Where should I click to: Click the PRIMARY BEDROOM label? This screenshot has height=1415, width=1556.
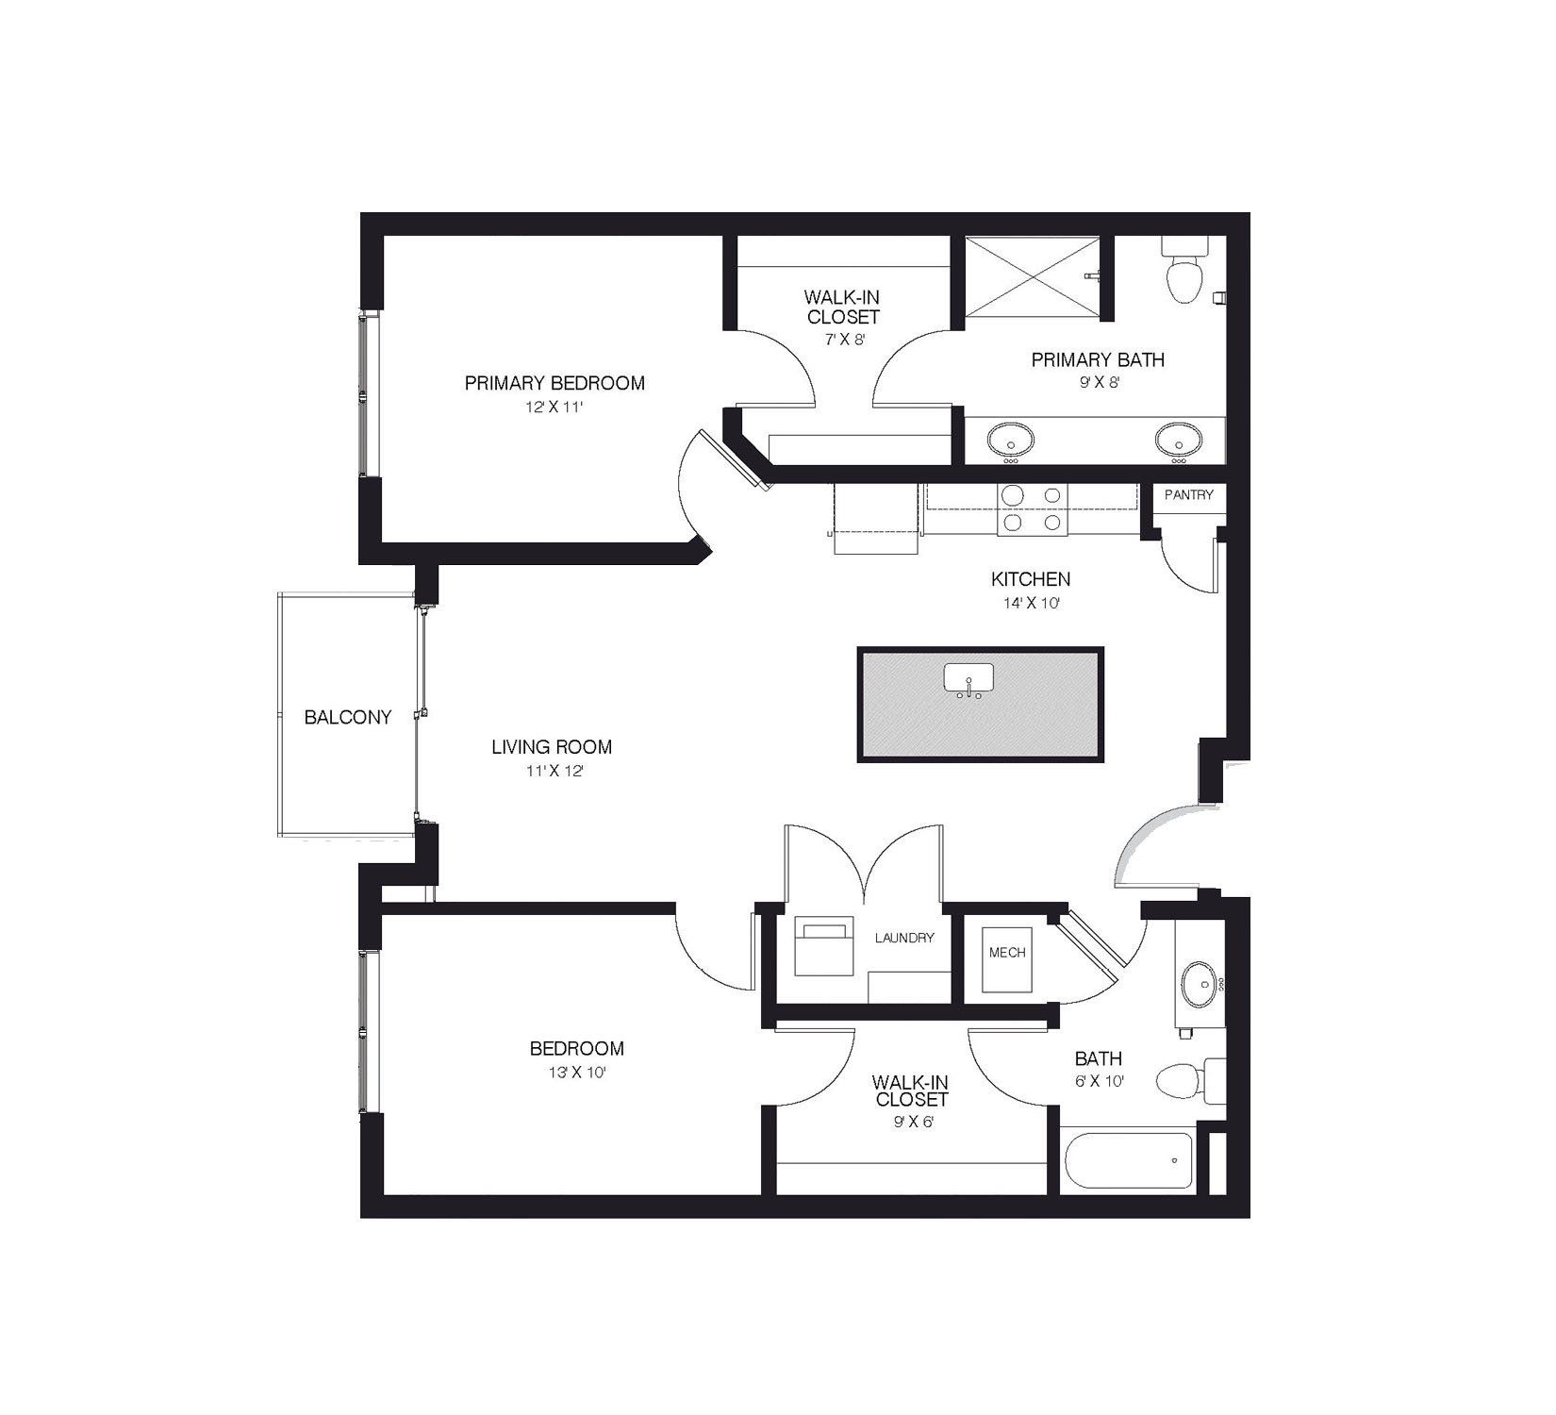point(555,383)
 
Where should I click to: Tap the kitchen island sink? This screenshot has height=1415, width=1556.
point(968,677)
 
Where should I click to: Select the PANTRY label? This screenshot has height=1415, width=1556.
point(1188,495)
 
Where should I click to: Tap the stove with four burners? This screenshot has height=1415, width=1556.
point(1032,509)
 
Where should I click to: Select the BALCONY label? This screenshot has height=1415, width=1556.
point(347,718)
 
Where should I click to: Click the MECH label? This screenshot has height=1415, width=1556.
point(1007,953)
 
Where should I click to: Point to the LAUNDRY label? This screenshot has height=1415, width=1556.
point(903,938)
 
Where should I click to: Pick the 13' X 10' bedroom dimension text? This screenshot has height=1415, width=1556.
point(576,1073)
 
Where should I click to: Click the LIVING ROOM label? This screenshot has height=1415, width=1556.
point(552,747)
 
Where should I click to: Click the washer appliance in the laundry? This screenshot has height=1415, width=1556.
point(823,946)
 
